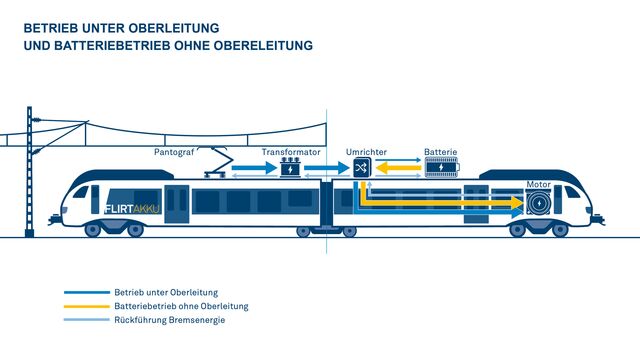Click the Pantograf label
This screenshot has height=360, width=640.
[174, 152]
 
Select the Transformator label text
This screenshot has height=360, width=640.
[291, 152]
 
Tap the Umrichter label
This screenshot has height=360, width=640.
[366, 152]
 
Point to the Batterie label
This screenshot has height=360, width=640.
[440, 152]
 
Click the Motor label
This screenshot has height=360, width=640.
[538, 185]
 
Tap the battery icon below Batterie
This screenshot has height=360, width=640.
[440, 168]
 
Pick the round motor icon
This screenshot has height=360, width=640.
[540, 203]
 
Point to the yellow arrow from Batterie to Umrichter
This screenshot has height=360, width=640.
[400, 169]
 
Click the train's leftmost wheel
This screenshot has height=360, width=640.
[93, 231]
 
